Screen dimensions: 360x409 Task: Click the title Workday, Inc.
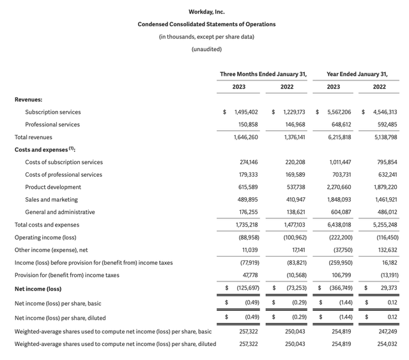pyautogui.click(x=206, y=11)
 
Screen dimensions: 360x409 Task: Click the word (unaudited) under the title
pyautogui.click(x=206, y=49)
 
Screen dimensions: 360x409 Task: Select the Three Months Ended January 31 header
pyautogui.click(x=263, y=74)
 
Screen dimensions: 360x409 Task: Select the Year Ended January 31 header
pyautogui.click(x=357, y=74)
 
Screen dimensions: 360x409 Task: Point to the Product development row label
pyautogui.click(x=53, y=187)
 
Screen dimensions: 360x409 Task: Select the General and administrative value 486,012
pyautogui.click(x=384, y=212)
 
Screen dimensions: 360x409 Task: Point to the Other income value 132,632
pyautogui.click(x=384, y=250)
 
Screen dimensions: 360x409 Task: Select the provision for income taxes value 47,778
pyautogui.click(x=247, y=275)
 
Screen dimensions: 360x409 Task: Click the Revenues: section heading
pyautogui.click(x=28, y=100)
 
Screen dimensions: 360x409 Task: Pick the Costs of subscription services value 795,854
pyautogui.click(x=384, y=162)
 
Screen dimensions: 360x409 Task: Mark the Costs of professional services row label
pyautogui.click(x=63, y=175)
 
